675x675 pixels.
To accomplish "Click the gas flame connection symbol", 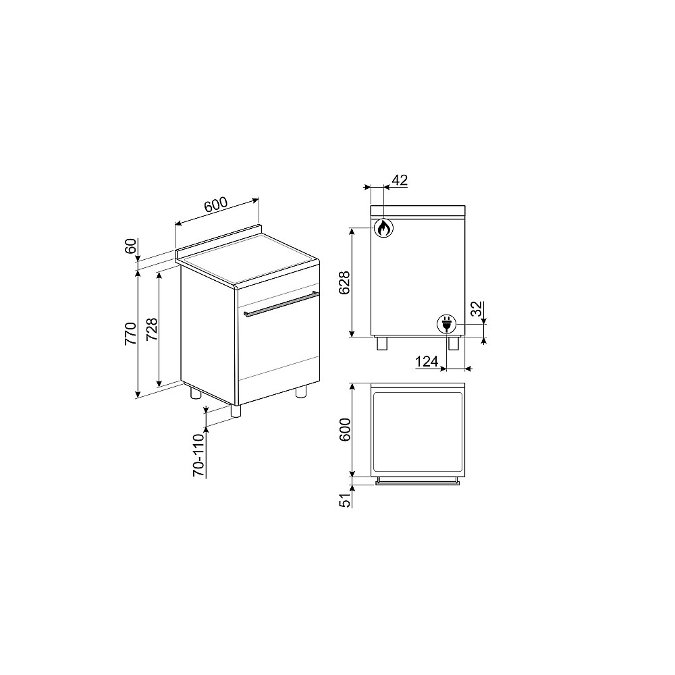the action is point(383,228).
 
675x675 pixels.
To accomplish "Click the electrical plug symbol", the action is point(446,324).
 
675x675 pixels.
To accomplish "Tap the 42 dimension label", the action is point(400,180).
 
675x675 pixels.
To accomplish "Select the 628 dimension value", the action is point(345,283).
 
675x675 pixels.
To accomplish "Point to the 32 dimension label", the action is point(476,309).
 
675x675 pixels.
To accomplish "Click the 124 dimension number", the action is point(427,362).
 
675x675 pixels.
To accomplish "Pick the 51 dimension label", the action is point(345,500).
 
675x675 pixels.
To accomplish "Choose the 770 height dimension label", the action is point(130,333).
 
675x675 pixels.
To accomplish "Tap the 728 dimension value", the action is point(151,329).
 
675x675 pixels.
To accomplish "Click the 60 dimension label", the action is point(130,246).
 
